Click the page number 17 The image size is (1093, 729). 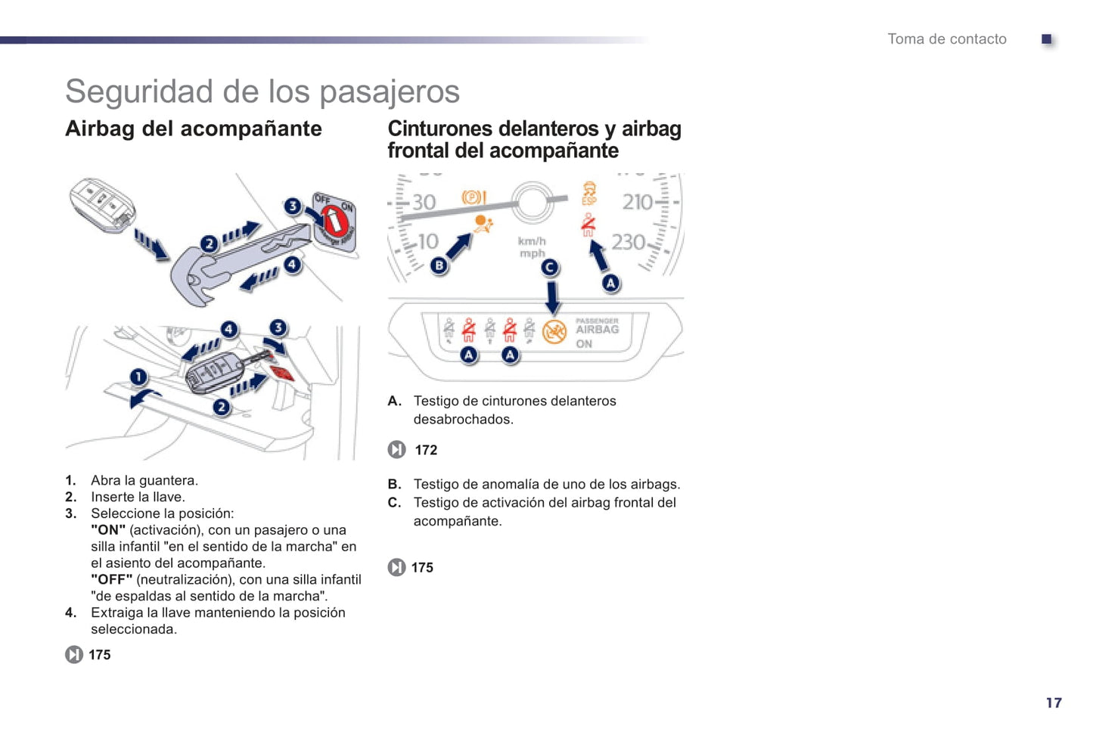coord(1053,703)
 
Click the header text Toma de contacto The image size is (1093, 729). coord(946,39)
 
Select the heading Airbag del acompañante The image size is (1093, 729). coord(194,129)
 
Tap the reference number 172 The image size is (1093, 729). coord(426,450)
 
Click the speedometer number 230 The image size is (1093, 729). coord(628,242)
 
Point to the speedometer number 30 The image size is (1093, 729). coord(424,202)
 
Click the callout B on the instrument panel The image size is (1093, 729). coord(439,265)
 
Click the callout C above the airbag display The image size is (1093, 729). coord(550,267)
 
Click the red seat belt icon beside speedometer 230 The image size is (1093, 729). coord(588,225)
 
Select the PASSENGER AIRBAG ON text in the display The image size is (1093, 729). coord(597,331)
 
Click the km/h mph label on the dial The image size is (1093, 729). coord(532,247)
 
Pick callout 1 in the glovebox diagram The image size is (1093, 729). coord(138,377)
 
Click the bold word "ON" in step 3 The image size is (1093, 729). coord(108,530)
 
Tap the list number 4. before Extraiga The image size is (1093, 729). coord(70,613)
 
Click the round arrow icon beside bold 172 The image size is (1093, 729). coord(396,450)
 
